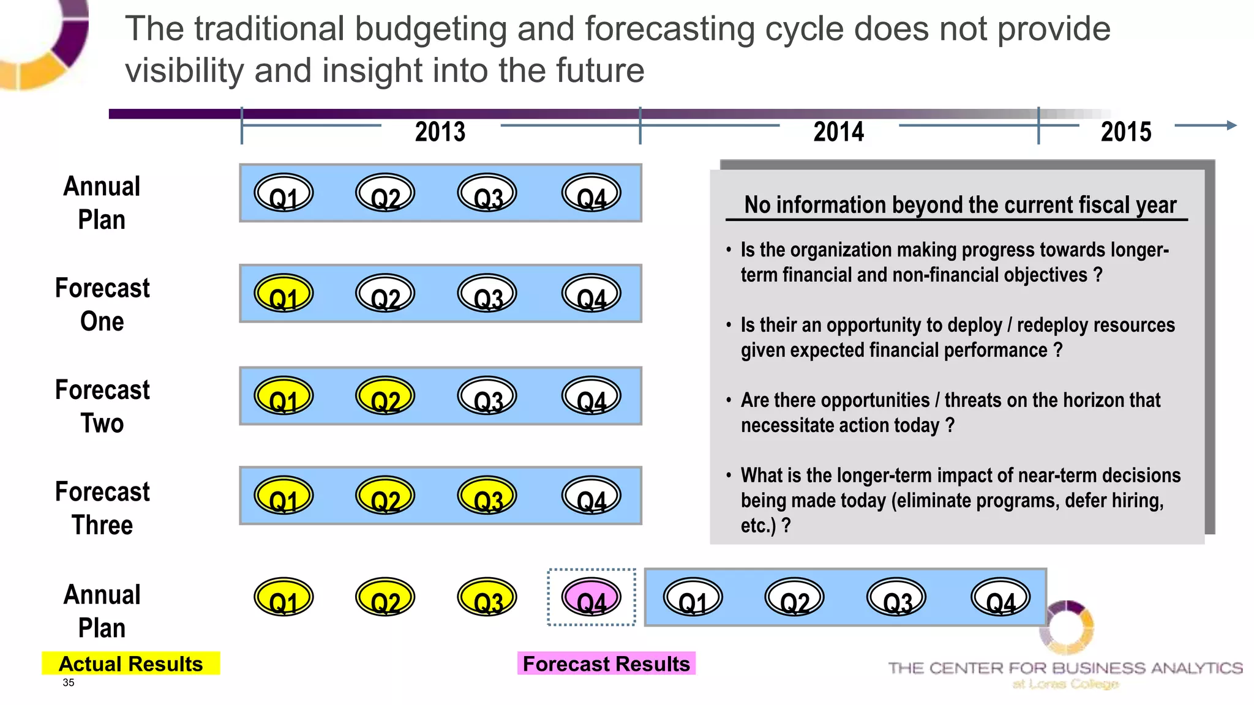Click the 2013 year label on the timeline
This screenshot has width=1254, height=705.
[440, 132]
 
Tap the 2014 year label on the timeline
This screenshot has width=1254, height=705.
[838, 132]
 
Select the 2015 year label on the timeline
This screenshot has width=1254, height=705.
[1125, 132]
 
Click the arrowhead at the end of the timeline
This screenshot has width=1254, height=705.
[1231, 125]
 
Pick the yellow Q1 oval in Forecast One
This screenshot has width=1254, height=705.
[283, 294]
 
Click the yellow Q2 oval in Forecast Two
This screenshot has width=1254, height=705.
[385, 396]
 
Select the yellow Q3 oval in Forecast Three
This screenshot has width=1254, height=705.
[487, 496]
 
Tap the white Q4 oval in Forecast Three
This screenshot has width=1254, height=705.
[591, 496]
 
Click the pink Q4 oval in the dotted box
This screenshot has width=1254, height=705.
[591, 597]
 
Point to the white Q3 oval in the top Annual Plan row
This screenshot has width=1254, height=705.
[487, 193]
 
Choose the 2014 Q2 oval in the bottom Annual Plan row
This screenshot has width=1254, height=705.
[794, 597]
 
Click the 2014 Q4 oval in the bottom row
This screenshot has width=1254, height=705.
[1001, 597]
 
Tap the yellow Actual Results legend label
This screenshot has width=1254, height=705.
[130, 664]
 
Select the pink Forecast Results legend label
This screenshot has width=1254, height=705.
[606, 664]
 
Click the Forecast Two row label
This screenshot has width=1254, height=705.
[102, 406]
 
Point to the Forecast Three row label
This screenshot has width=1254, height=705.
[102, 508]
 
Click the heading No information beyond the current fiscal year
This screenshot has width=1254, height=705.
[959, 205]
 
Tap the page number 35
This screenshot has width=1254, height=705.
[68, 683]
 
